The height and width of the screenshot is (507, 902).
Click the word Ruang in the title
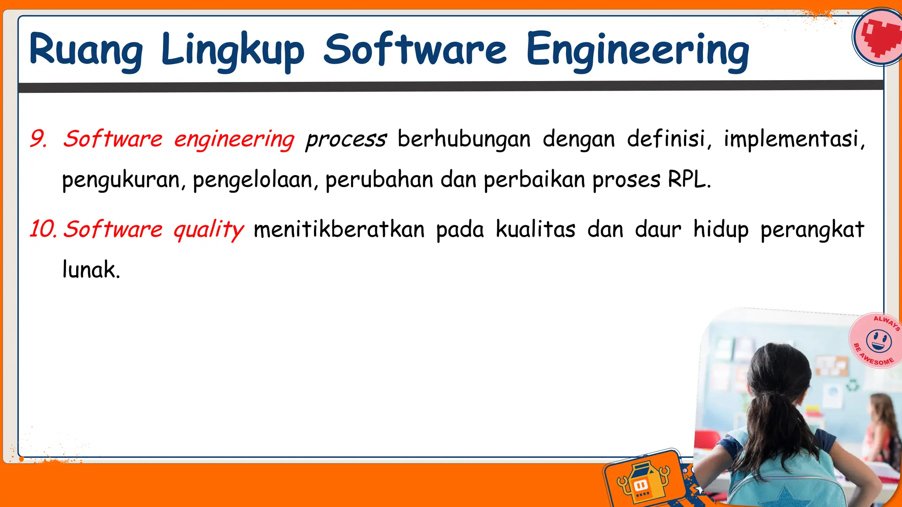pyautogui.click(x=86, y=51)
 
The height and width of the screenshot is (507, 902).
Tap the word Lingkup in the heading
pyautogui.click(x=233, y=51)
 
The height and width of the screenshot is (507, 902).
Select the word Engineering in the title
pyautogui.click(x=637, y=51)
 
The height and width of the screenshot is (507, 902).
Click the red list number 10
pyautogui.click(x=43, y=229)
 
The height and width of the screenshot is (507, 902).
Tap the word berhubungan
pyautogui.click(x=464, y=139)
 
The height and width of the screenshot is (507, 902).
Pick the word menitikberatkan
pyautogui.click(x=339, y=229)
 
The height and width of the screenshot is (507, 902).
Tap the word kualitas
pyautogui.click(x=536, y=229)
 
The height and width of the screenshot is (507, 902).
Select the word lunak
pyautogui.click(x=90, y=269)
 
